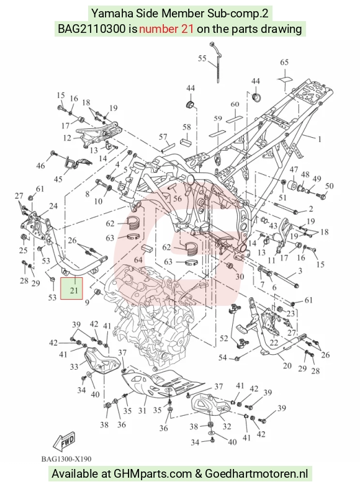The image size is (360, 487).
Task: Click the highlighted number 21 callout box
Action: pos(71,288)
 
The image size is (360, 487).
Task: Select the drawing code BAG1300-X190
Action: pos(66,459)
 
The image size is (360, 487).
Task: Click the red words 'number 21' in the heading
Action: pos(166,29)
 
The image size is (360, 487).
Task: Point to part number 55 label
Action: pos(202,58)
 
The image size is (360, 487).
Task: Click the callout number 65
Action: pos(284,62)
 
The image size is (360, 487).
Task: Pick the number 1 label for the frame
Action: pos(320,139)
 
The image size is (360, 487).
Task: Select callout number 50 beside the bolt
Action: pos(329,185)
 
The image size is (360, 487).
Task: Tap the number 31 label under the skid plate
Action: pos(142,411)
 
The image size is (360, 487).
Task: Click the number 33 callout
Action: pos(74,367)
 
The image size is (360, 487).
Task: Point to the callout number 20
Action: pos(287,365)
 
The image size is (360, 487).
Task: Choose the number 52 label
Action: pos(224,338)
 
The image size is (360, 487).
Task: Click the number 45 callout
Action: pos(58,179)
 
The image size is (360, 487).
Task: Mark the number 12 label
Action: pos(68,138)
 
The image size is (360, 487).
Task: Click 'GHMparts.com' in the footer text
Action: pos(153,474)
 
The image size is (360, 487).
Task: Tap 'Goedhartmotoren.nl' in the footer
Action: pos(256,474)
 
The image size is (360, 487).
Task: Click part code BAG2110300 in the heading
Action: pos(92,29)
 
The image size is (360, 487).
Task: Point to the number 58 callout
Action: pos(187,127)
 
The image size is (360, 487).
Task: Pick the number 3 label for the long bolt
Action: pos(300,271)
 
